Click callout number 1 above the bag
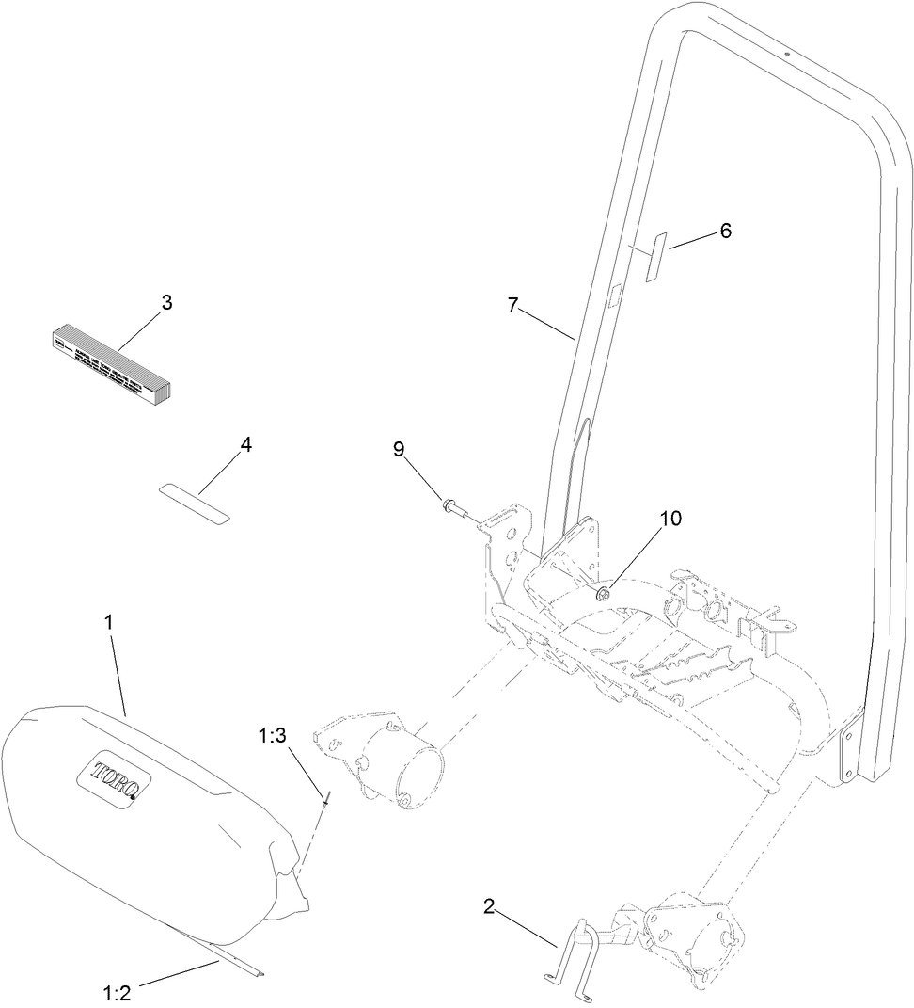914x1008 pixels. pos(110,622)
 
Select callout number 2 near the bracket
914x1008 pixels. pos(488,907)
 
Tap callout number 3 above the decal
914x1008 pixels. pos(165,302)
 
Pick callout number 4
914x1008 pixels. pos(245,443)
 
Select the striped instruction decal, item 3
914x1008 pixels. pos(109,362)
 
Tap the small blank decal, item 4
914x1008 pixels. pos(194,501)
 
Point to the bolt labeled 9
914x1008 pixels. pos(454,509)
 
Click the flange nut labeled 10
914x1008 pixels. pos(602,593)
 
